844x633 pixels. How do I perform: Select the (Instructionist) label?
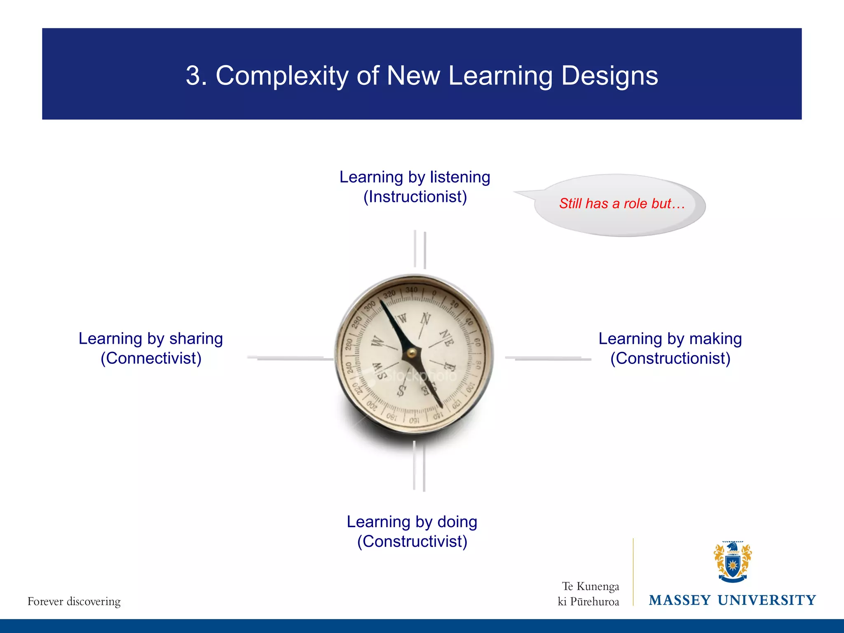(x=415, y=197)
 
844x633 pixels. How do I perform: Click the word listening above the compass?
(x=460, y=177)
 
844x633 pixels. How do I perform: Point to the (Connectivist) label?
(x=151, y=358)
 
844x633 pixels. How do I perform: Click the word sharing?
(x=196, y=339)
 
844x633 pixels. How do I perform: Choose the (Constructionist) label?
(x=670, y=358)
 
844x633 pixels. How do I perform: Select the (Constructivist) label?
(x=412, y=541)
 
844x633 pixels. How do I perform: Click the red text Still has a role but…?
(x=621, y=204)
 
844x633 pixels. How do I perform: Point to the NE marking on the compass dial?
(x=447, y=338)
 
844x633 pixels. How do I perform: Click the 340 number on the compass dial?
(x=411, y=290)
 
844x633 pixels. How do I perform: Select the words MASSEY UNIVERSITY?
(x=732, y=600)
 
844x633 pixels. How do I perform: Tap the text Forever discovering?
(x=74, y=601)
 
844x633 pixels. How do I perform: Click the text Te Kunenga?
(x=590, y=586)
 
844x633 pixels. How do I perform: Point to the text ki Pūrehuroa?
(x=588, y=602)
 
